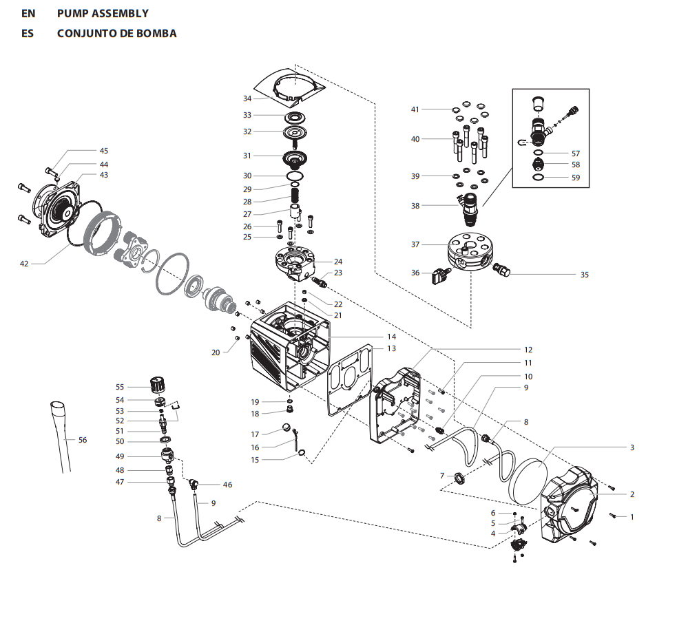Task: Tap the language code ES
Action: pos(28,33)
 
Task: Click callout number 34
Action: pos(247,98)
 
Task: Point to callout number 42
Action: pos(24,263)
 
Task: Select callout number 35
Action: pos(584,274)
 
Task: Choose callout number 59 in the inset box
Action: pos(576,178)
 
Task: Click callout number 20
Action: pos(216,352)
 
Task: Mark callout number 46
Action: pos(227,485)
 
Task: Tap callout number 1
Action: pos(632,516)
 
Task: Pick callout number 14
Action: pos(391,337)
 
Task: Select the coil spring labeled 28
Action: pos(295,201)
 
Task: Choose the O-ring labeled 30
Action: pos(295,177)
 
